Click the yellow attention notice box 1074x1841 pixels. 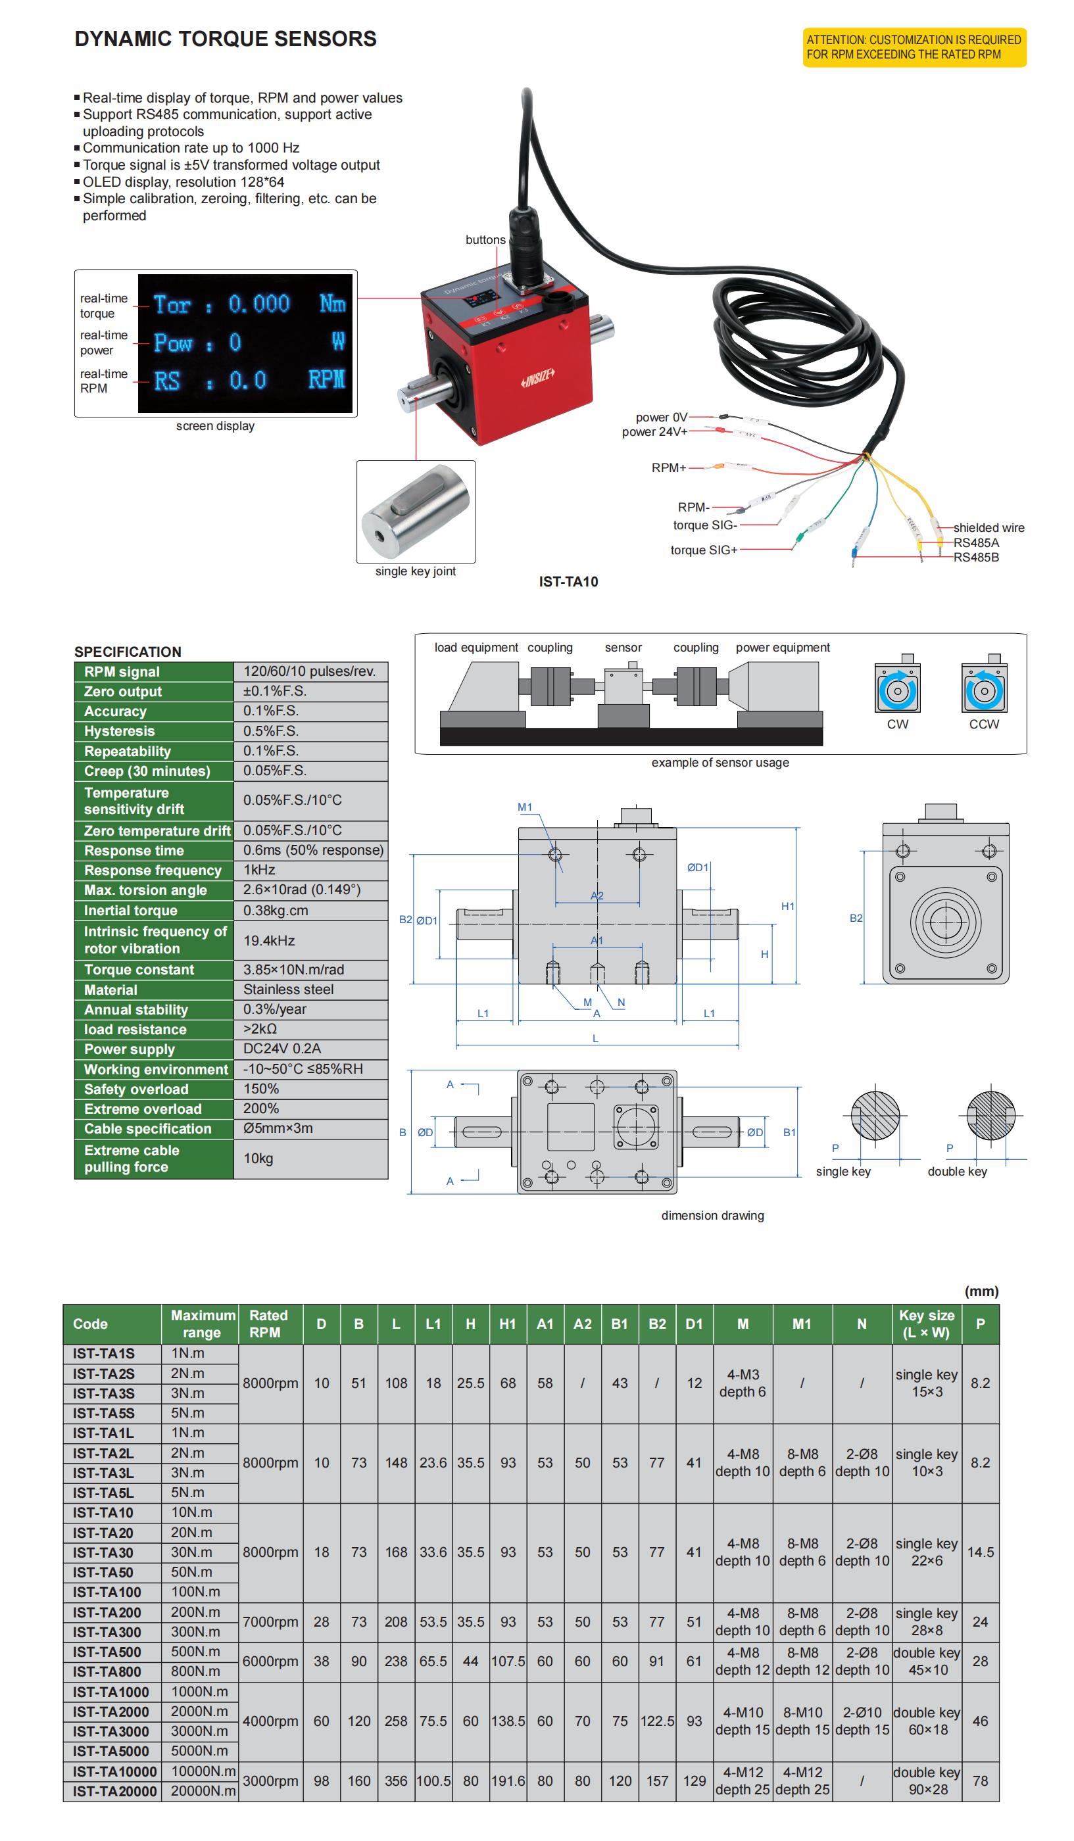pos(914,47)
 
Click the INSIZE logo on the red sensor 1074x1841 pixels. pos(538,377)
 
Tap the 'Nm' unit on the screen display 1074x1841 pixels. pos(332,303)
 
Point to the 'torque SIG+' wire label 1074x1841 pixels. pos(704,550)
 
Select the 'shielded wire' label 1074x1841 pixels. pos(988,527)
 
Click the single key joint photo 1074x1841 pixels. pos(415,512)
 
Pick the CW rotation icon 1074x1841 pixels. pos(897,689)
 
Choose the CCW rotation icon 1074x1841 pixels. pos(983,689)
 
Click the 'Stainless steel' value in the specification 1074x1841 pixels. pos(288,989)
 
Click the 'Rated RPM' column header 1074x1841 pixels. pos(268,1323)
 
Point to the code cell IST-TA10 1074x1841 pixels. pos(103,1512)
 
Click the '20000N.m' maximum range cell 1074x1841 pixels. pos(203,1790)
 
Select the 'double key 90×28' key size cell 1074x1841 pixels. pos(927,1781)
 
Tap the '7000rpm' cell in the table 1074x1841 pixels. pos(270,1621)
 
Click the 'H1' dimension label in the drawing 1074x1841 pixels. pos(787,906)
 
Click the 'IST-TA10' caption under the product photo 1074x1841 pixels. pos(568,581)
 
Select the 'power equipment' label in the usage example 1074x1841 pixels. pos(782,647)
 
